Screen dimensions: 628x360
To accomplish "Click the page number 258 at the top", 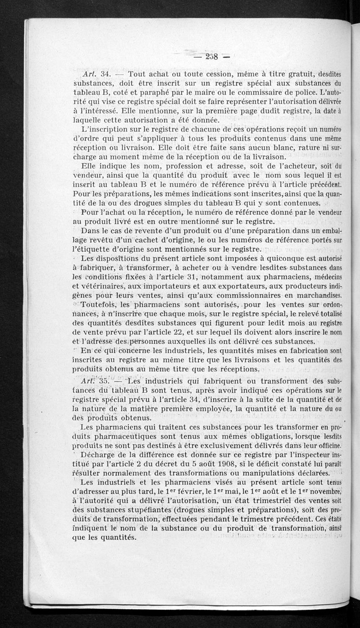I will (x=211, y=57).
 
